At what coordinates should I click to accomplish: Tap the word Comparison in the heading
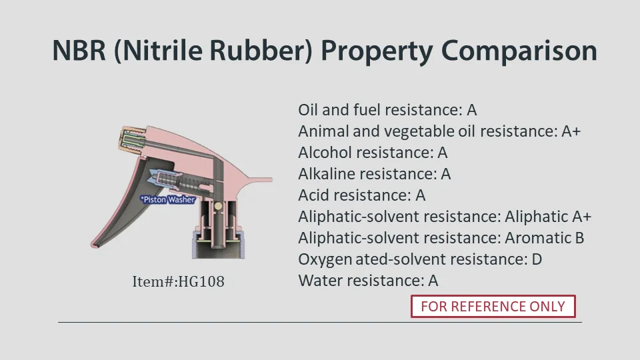pyautogui.click(x=519, y=51)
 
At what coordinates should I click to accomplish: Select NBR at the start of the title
pyautogui.click(x=79, y=51)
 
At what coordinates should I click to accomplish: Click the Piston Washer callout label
pyautogui.click(x=167, y=199)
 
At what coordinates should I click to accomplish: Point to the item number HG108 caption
pyautogui.click(x=179, y=281)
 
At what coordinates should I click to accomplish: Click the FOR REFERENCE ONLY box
pyautogui.click(x=493, y=306)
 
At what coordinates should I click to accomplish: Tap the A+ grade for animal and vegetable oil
pyautogui.click(x=571, y=131)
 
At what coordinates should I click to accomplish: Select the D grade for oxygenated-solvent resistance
pyautogui.click(x=537, y=259)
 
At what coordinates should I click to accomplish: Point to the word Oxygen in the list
pyautogui.click(x=325, y=260)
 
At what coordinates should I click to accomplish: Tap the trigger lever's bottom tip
pyautogui.click(x=93, y=246)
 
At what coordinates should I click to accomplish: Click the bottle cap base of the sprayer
pyautogui.click(x=219, y=245)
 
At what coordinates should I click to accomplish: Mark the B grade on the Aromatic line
pyautogui.click(x=579, y=238)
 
